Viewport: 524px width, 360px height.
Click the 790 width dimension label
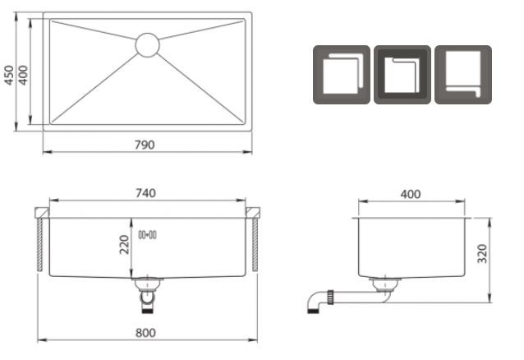[x=145, y=145]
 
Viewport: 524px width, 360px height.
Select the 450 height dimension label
[x=9, y=75]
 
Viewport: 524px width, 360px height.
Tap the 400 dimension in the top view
[x=23, y=75]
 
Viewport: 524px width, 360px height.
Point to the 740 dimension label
[x=145, y=193]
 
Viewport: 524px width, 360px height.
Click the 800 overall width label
[x=145, y=333]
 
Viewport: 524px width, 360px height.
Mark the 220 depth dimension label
[x=124, y=245]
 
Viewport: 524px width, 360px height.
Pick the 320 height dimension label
[x=482, y=254]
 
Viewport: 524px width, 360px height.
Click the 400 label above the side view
[x=411, y=194]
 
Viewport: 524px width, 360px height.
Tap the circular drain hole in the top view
[x=147, y=45]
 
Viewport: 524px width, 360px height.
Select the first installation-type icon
[x=342, y=75]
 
